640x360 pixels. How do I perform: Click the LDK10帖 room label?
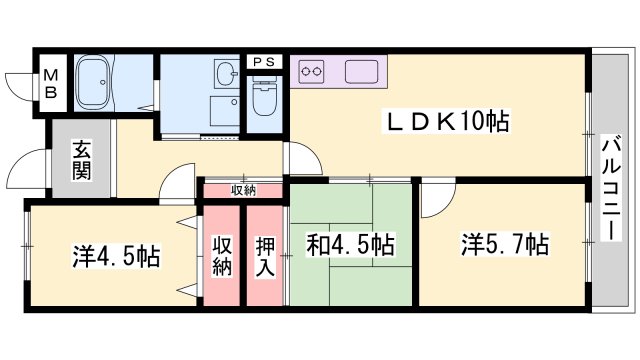click(x=449, y=122)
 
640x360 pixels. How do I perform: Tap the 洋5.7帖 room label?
click(x=504, y=243)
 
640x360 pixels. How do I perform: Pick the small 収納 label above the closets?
click(x=243, y=189)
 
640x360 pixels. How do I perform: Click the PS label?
click(x=265, y=61)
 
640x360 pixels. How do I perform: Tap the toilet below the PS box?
click(x=266, y=100)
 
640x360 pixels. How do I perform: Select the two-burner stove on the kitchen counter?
click(x=313, y=71)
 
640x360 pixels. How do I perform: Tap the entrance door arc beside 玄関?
click(x=33, y=165)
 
